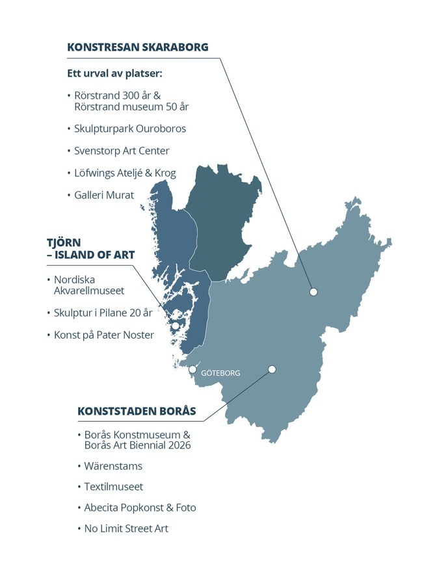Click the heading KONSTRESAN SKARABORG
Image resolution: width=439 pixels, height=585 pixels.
137,47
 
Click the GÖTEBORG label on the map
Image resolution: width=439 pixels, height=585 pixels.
220,373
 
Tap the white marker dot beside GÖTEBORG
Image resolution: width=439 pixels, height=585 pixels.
193,369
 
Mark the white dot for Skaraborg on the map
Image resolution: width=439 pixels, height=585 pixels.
313,292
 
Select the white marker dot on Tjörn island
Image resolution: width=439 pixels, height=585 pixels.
176,326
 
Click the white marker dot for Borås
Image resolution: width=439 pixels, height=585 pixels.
272,369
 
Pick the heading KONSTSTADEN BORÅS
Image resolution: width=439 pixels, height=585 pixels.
137,411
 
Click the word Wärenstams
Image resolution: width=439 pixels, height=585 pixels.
113,466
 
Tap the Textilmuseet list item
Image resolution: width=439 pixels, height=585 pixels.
113,487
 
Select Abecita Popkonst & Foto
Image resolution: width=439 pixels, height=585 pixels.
140,508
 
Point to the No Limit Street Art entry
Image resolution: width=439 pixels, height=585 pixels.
126,528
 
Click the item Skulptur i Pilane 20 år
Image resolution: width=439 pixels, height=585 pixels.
103,313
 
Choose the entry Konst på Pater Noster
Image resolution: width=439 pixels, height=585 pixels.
104,335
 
